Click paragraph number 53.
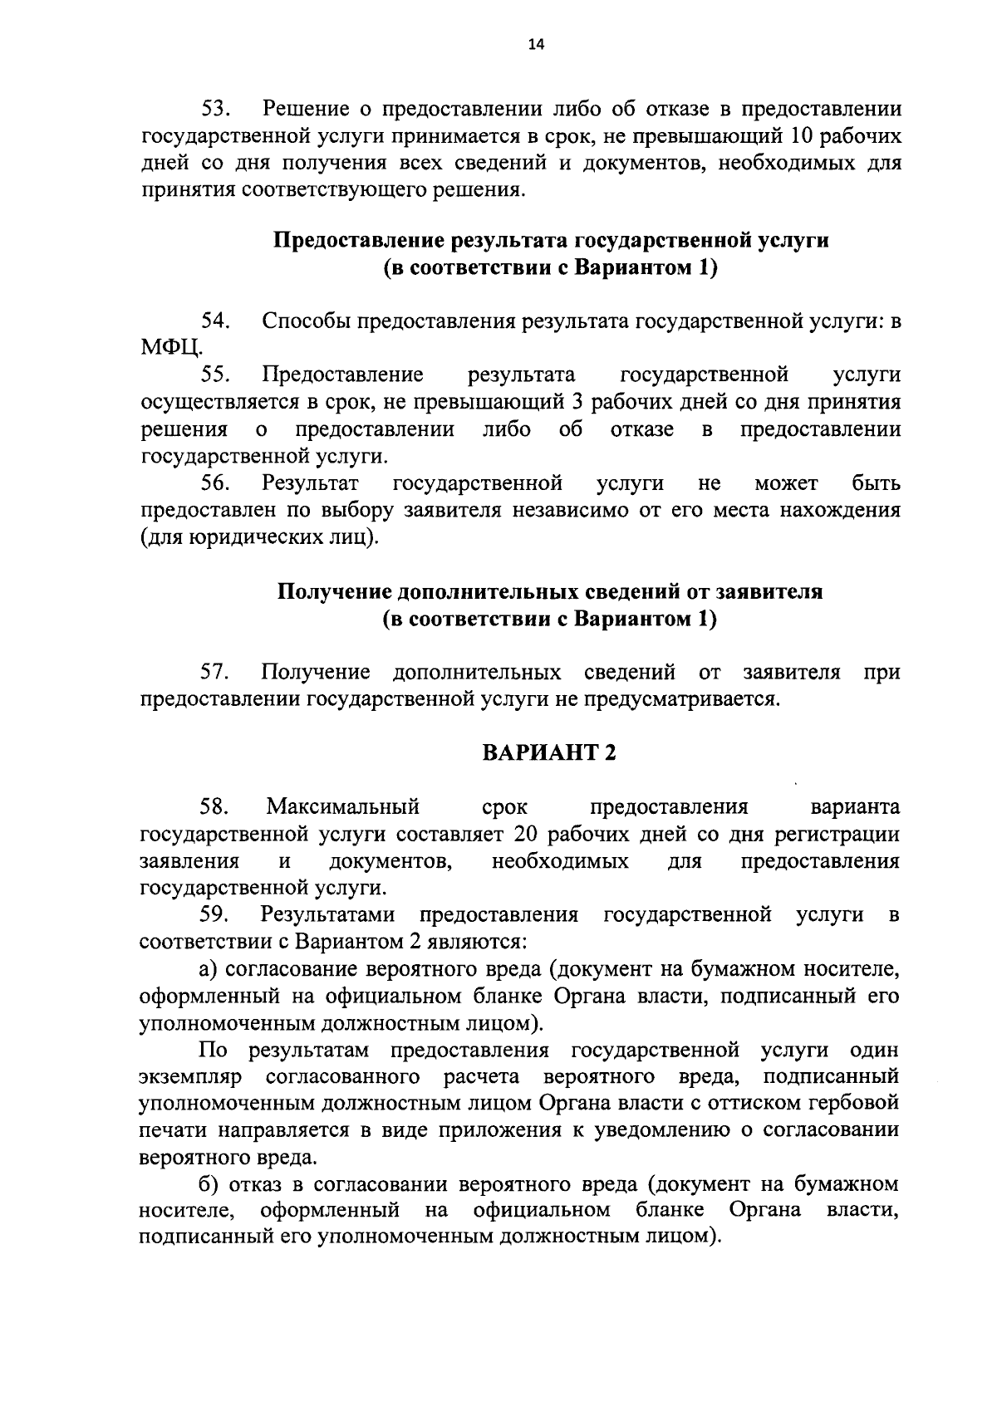click(219, 109)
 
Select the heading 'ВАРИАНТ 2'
click(550, 752)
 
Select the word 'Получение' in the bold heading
click(335, 592)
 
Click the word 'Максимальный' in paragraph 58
click(342, 806)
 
